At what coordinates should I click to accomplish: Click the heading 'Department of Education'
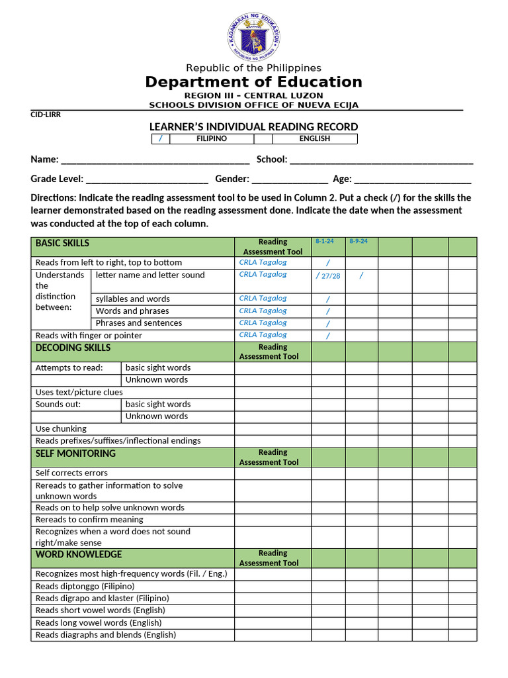coord(253,82)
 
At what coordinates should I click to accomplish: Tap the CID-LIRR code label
coord(46,115)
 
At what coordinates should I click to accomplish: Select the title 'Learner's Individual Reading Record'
coord(253,126)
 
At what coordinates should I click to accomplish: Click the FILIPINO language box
coord(212,138)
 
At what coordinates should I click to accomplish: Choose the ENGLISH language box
coord(314,138)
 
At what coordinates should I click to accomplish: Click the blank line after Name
coord(155,160)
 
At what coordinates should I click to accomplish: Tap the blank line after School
coord(381,160)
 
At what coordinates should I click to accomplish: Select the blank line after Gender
coord(290,179)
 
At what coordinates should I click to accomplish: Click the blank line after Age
coord(413,179)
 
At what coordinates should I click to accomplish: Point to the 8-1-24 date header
coord(325,242)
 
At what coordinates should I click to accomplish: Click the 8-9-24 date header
coord(359,242)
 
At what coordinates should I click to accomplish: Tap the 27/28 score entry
coord(331,276)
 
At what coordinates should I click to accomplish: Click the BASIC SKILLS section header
coord(62,243)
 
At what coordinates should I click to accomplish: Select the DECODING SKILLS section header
coord(73,348)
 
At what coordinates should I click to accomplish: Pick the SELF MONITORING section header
coord(75,454)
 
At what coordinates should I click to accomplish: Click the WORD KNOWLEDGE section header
coord(79,554)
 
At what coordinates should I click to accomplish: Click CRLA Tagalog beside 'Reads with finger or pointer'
coord(263,335)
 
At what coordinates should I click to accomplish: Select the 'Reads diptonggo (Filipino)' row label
coord(85,586)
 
